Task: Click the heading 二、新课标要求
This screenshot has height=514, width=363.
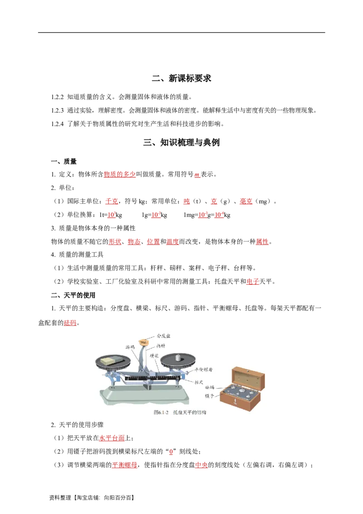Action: [x=181, y=79]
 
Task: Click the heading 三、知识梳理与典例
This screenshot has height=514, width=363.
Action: [x=181, y=143]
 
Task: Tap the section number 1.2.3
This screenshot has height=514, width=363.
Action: [x=57, y=110]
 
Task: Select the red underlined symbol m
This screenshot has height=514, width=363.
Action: [x=197, y=175]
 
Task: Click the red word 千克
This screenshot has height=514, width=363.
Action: [x=112, y=201]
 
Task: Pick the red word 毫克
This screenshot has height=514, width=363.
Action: [x=246, y=201]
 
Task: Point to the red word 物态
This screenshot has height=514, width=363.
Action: [x=134, y=242]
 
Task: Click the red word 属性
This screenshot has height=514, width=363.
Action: [x=262, y=242]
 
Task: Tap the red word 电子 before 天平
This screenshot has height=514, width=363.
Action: [x=253, y=281]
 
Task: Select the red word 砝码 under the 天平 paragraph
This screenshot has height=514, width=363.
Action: [x=70, y=323]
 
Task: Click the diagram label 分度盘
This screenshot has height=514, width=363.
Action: [x=163, y=336]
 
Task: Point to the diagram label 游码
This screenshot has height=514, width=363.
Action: [x=130, y=347]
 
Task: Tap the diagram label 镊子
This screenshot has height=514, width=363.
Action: [x=209, y=396]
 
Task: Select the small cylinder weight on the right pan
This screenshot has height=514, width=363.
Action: [x=178, y=357]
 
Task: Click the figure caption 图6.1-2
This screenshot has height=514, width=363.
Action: [x=161, y=412]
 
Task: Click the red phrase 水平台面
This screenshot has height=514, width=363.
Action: [x=112, y=438]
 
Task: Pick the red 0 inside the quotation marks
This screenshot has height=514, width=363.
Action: [x=171, y=452]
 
